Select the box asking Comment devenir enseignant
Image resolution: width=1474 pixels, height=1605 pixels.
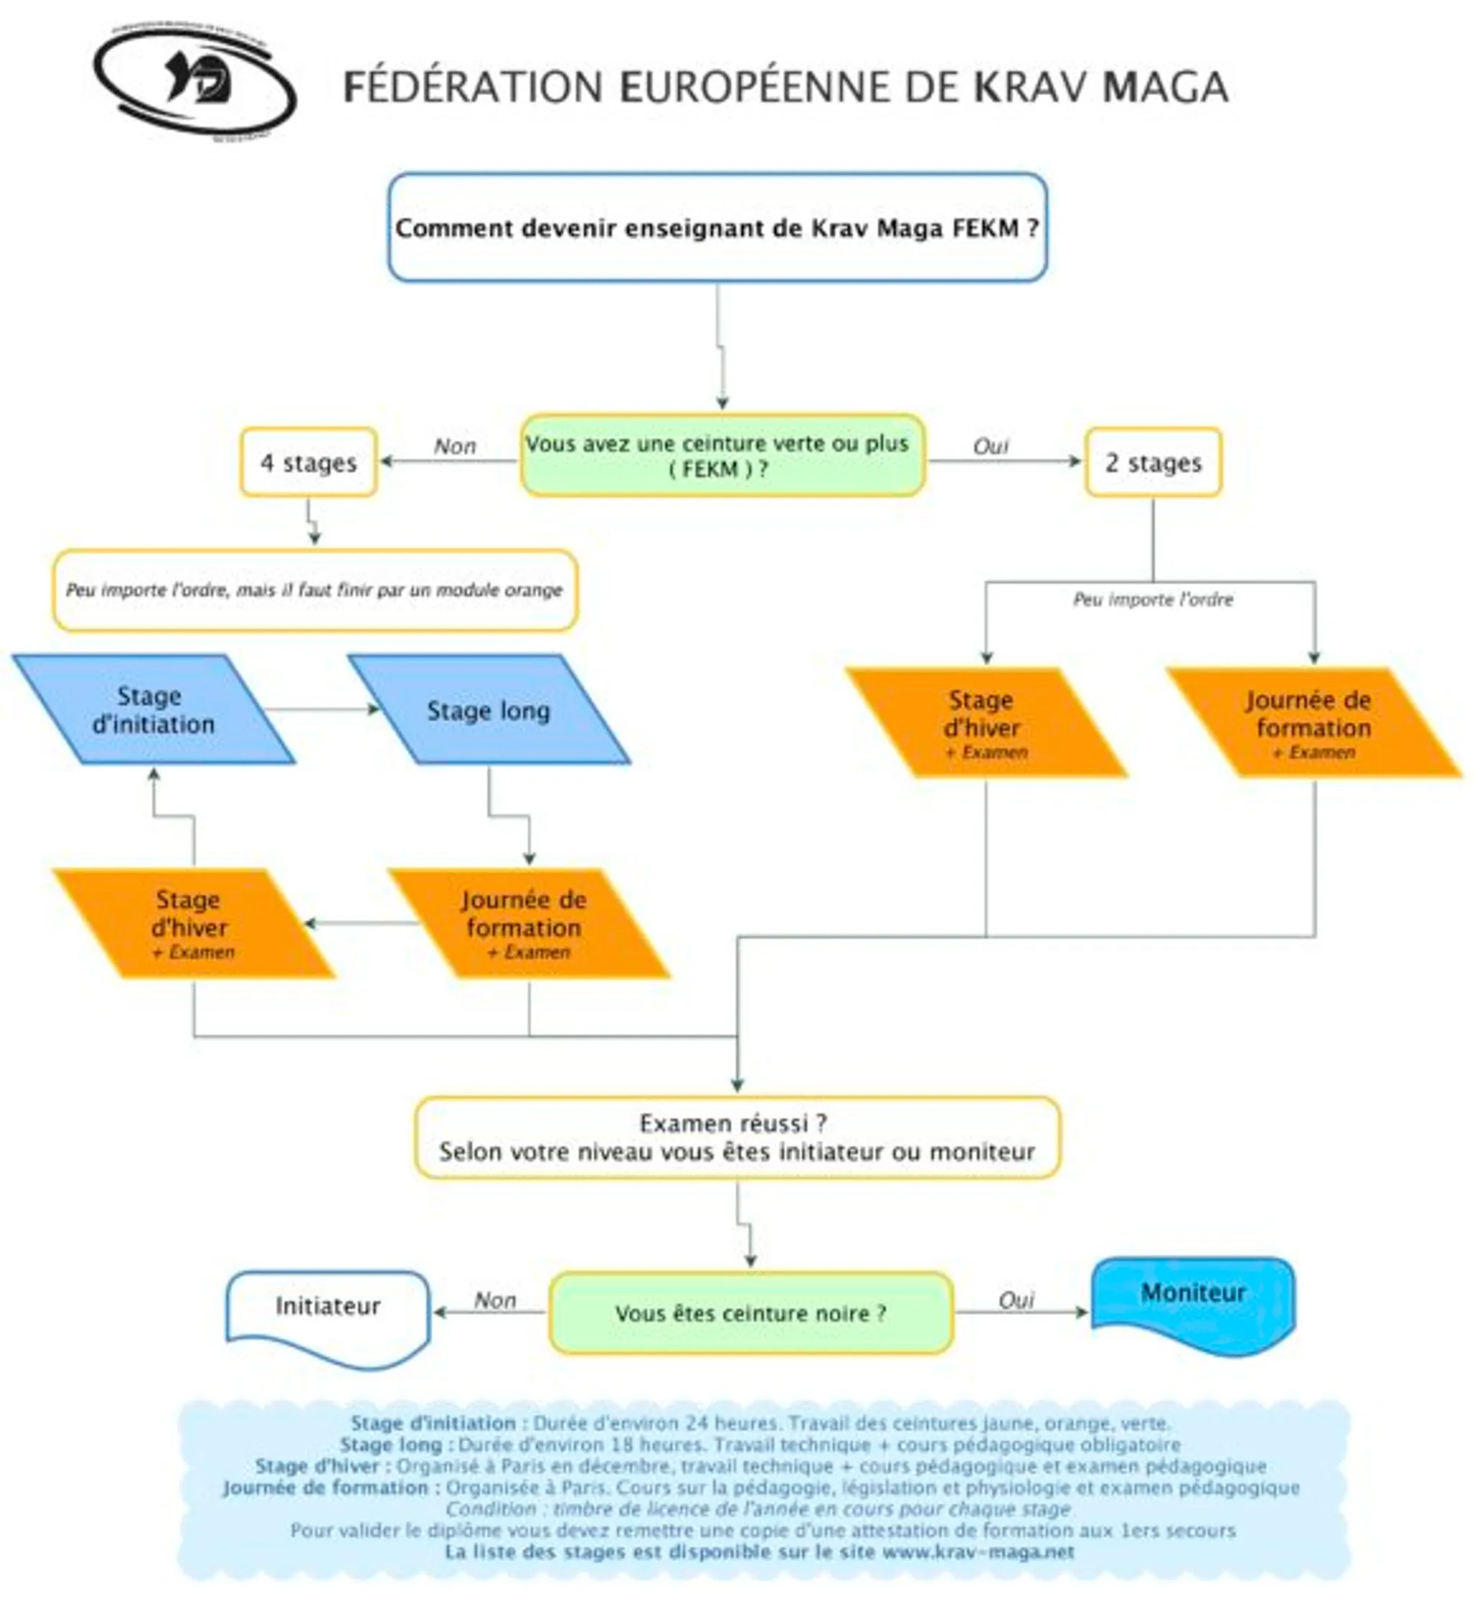point(717,228)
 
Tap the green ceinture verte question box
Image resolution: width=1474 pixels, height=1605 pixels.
point(723,456)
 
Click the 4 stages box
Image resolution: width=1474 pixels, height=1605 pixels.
point(309,463)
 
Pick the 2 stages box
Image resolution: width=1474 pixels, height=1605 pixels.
point(1152,463)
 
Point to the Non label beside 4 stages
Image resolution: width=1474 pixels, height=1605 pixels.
point(455,447)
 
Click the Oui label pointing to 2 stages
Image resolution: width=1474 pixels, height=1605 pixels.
point(990,447)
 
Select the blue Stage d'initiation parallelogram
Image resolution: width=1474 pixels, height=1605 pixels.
point(153,710)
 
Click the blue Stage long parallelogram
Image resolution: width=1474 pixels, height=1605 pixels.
point(489,710)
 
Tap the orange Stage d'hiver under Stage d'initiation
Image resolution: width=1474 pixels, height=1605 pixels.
point(192,923)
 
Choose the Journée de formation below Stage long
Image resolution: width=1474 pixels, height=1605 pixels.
point(528,923)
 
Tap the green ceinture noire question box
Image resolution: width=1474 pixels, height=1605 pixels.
point(751,1313)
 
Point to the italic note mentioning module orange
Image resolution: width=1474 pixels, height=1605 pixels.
point(315,591)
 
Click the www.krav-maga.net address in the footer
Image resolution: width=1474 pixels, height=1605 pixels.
point(978,1552)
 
